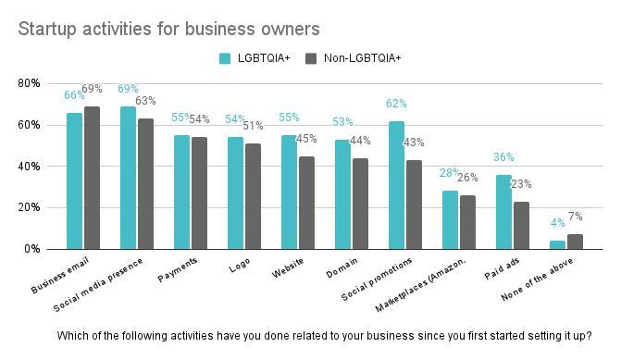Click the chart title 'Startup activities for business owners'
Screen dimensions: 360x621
[x=168, y=30]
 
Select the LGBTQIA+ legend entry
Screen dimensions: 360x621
[x=255, y=58]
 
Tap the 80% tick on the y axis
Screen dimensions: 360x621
[x=29, y=83]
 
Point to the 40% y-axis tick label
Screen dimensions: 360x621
[x=29, y=167]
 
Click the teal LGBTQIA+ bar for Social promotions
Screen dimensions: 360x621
[x=396, y=185]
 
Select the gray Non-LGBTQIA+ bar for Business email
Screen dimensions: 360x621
[x=92, y=178]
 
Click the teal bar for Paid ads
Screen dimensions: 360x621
[x=503, y=212]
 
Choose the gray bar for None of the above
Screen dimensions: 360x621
[x=575, y=242]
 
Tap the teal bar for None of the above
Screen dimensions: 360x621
[x=557, y=244]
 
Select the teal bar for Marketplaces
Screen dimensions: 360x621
[x=450, y=220]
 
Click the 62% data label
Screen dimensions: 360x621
[x=396, y=105]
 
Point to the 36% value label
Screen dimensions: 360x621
[x=503, y=158]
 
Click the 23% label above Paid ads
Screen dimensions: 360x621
[x=522, y=184]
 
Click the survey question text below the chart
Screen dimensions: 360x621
[x=324, y=336]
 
